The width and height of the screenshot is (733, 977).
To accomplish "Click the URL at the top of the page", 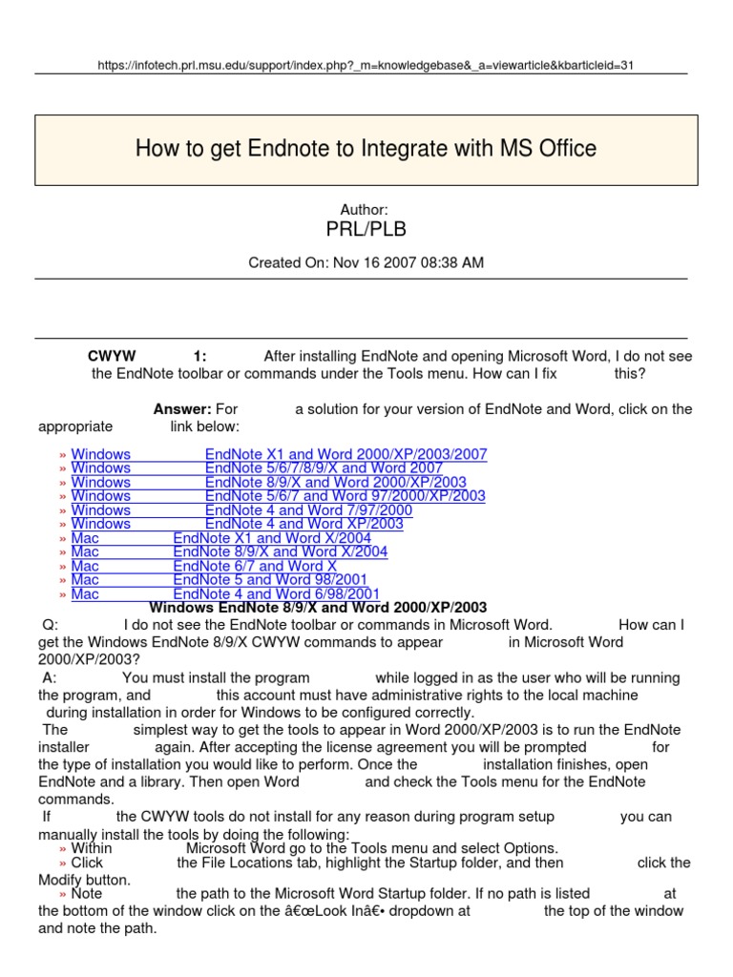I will (366, 65).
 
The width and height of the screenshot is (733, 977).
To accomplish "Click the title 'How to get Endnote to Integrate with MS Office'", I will (366, 149).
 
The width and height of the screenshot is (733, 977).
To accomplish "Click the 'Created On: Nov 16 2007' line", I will (366, 262).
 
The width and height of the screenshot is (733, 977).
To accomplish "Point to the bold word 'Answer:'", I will (182, 409).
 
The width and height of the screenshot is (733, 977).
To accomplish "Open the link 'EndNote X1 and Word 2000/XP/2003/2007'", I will (346, 454).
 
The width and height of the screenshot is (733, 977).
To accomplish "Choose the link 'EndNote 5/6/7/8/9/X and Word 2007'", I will (324, 468).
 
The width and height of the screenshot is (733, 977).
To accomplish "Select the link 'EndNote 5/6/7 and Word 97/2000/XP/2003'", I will (345, 496).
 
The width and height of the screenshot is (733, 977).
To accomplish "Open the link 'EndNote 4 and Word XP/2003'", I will (304, 524).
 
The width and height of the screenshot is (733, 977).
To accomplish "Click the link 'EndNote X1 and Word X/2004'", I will (272, 538).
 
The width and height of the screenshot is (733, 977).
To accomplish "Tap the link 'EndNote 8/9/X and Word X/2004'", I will (281, 551).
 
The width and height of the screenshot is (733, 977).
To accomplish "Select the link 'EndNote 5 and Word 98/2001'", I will (270, 579).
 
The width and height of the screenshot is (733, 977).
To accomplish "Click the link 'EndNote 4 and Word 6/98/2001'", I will (277, 593).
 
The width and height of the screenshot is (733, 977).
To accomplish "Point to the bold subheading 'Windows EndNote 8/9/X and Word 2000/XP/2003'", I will (319, 608).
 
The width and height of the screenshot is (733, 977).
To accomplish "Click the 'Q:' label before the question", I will (51, 625).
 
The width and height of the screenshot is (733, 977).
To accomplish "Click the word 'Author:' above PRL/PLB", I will (365, 210).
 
